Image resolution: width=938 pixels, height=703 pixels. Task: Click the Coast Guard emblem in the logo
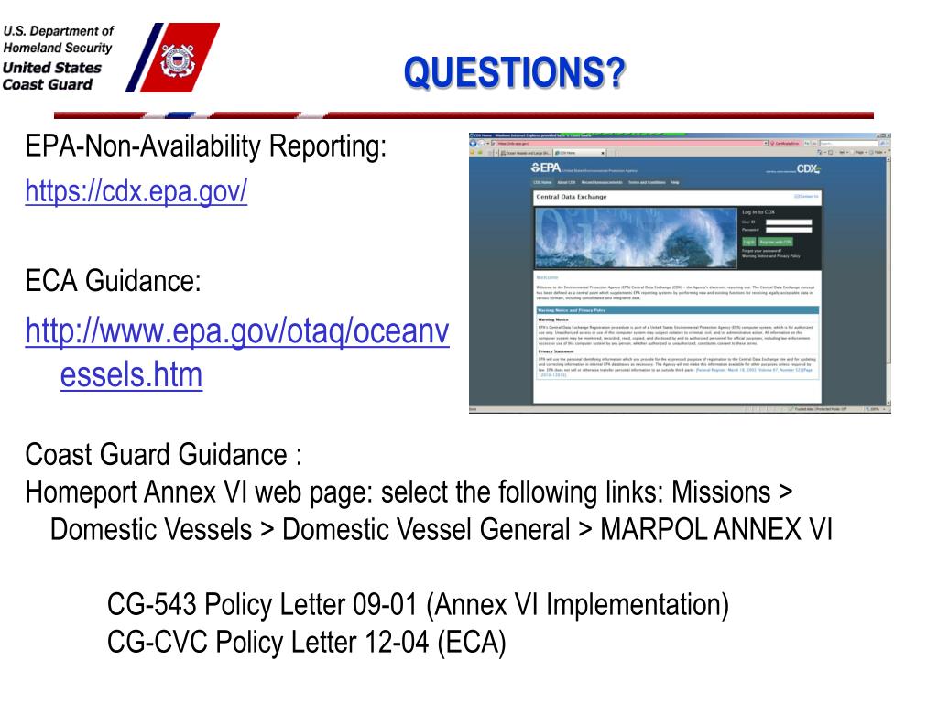(x=173, y=59)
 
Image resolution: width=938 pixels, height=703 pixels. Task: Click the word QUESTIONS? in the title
(x=515, y=72)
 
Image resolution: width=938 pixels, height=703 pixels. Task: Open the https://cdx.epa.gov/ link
(x=136, y=192)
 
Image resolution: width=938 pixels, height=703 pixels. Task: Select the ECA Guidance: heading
(x=113, y=282)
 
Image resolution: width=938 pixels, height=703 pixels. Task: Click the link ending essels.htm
(x=131, y=375)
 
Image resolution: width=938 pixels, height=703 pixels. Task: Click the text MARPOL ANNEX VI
(x=715, y=529)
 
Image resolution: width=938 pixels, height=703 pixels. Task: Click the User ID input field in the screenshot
(x=788, y=222)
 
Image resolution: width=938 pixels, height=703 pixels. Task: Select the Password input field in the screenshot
(x=788, y=229)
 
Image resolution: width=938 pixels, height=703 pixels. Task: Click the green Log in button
(x=748, y=242)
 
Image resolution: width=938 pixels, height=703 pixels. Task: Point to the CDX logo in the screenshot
(x=807, y=168)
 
